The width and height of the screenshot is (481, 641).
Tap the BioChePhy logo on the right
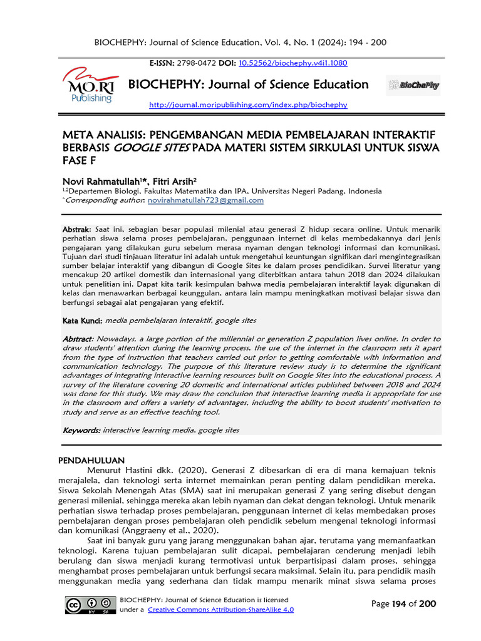click(413, 85)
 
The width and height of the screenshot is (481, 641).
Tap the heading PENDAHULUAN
click(91, 460)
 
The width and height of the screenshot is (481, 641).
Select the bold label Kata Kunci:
click(83, 320)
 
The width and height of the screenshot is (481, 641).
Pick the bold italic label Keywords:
click(81, 431)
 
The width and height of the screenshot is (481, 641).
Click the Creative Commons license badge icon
click(90, 605)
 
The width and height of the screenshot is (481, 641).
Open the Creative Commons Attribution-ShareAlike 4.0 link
click(220, 610)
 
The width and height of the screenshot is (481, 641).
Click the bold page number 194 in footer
click(398, 604)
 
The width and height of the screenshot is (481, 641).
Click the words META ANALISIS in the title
click(101, 135)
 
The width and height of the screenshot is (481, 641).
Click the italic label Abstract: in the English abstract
click(78, 339)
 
